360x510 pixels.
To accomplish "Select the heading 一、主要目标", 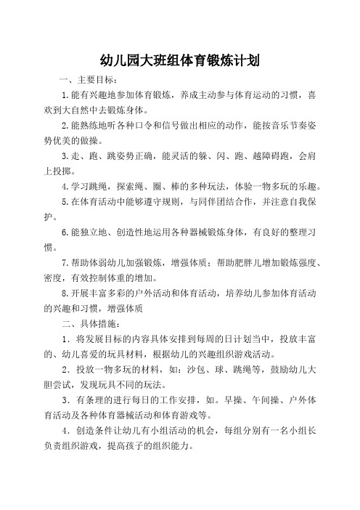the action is [83, 81].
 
